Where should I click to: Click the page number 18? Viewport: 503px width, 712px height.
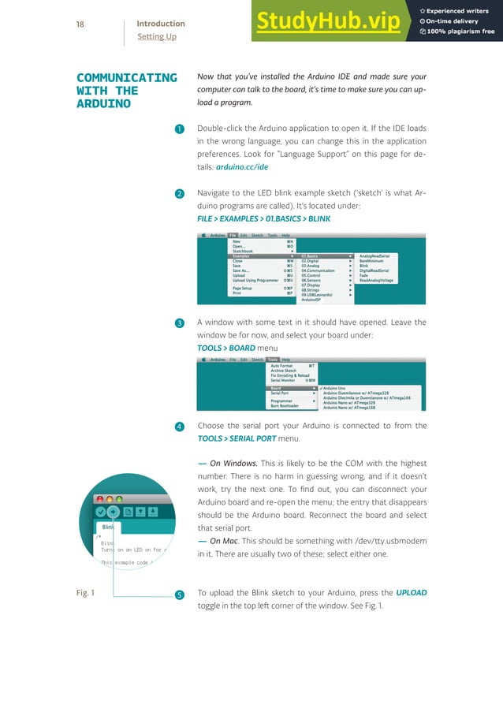tap(80, 24)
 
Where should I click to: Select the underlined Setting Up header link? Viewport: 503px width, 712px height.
tap(156, 36)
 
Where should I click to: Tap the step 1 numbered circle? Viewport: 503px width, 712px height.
tap(179, 129)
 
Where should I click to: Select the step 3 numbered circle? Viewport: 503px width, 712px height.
tap(179, 323)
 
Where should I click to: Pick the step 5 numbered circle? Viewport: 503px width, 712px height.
tap(179, 594)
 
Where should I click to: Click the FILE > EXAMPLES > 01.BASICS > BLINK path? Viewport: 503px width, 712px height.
tap(263, 218)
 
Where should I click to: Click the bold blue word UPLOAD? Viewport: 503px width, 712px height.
tap(411, 592)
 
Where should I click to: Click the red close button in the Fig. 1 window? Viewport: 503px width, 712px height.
tap(99, 499)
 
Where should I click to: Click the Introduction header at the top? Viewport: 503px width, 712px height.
tap(161, 24)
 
